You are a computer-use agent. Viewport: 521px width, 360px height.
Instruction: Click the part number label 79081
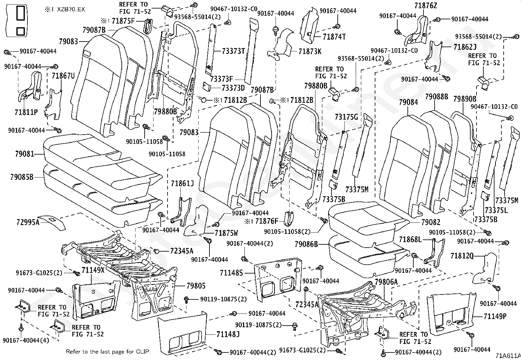[x=25, y=154]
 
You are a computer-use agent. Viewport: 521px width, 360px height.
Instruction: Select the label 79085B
[x=22, y=177]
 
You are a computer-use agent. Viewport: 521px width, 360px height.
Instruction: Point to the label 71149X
[x=93, y=270]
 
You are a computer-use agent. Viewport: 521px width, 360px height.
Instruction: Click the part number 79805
[x=196, y=286]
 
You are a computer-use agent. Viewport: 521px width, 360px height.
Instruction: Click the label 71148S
[x=231, y=273]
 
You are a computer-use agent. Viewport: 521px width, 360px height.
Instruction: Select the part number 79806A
[x=386, y=282]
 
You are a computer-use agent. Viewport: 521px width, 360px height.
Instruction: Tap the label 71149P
[x=495, y=316]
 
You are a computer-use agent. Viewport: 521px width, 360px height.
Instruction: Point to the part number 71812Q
[x=462, y=256]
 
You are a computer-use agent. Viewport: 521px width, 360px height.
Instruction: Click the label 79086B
[x=306, y=244]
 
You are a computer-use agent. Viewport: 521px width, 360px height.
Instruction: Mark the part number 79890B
[x=465, y=99]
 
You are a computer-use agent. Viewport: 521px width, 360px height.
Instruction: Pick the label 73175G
[x=346, y=117]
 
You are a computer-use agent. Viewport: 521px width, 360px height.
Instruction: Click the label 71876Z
[x=426, y=6]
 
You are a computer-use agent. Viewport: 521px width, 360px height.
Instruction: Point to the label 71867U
[x=63, y=76]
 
